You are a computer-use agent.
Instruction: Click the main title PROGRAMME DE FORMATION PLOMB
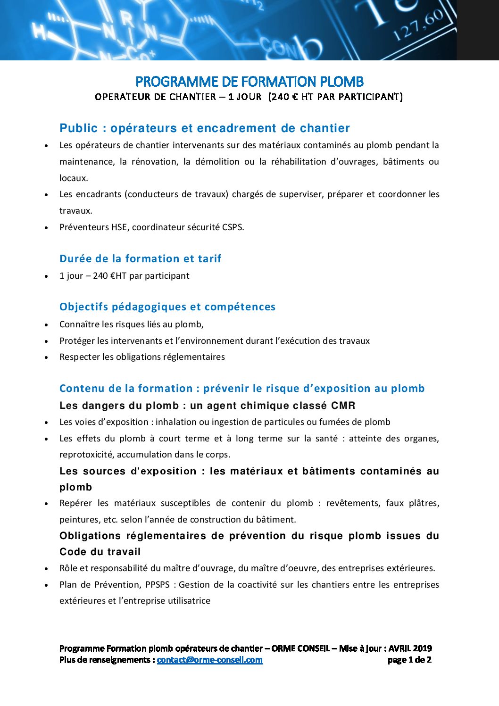[249, 82]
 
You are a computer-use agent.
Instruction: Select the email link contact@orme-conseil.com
[209, 660]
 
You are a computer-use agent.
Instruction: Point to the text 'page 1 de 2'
[409, 660]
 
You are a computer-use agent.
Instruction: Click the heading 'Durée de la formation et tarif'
[140, 258]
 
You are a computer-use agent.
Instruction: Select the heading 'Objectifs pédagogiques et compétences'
[167, 307]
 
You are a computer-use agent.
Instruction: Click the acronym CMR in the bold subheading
[343, 406]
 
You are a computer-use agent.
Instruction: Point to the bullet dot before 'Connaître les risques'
[46, 325]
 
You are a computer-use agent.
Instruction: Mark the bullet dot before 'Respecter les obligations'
[46, 357]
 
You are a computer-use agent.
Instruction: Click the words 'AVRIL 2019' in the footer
[410, 648]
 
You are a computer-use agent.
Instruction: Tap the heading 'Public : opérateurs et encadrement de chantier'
[205, 128]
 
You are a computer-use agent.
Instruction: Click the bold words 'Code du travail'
[100, 552]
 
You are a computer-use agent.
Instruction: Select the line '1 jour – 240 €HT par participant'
[124, 276]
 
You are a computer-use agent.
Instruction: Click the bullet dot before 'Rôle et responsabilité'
[46, 569]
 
